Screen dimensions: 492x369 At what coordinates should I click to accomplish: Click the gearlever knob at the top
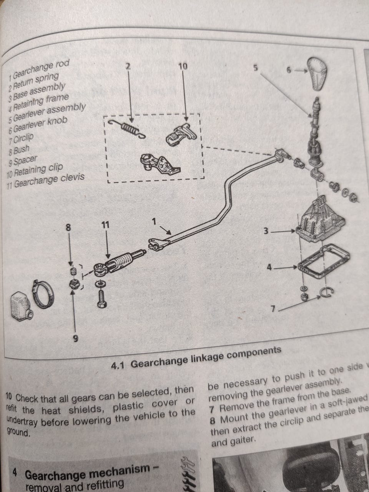pos(321,73)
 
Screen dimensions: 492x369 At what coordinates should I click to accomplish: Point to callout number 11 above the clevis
pos(106,225)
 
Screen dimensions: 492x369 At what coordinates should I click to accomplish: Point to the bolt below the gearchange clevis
pos(101,297)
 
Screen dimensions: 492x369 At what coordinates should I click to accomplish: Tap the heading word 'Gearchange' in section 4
pos(54,473)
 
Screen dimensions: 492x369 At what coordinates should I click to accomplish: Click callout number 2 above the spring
pos(128,66)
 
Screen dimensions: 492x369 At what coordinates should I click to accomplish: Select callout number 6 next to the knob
pos(290,70)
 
